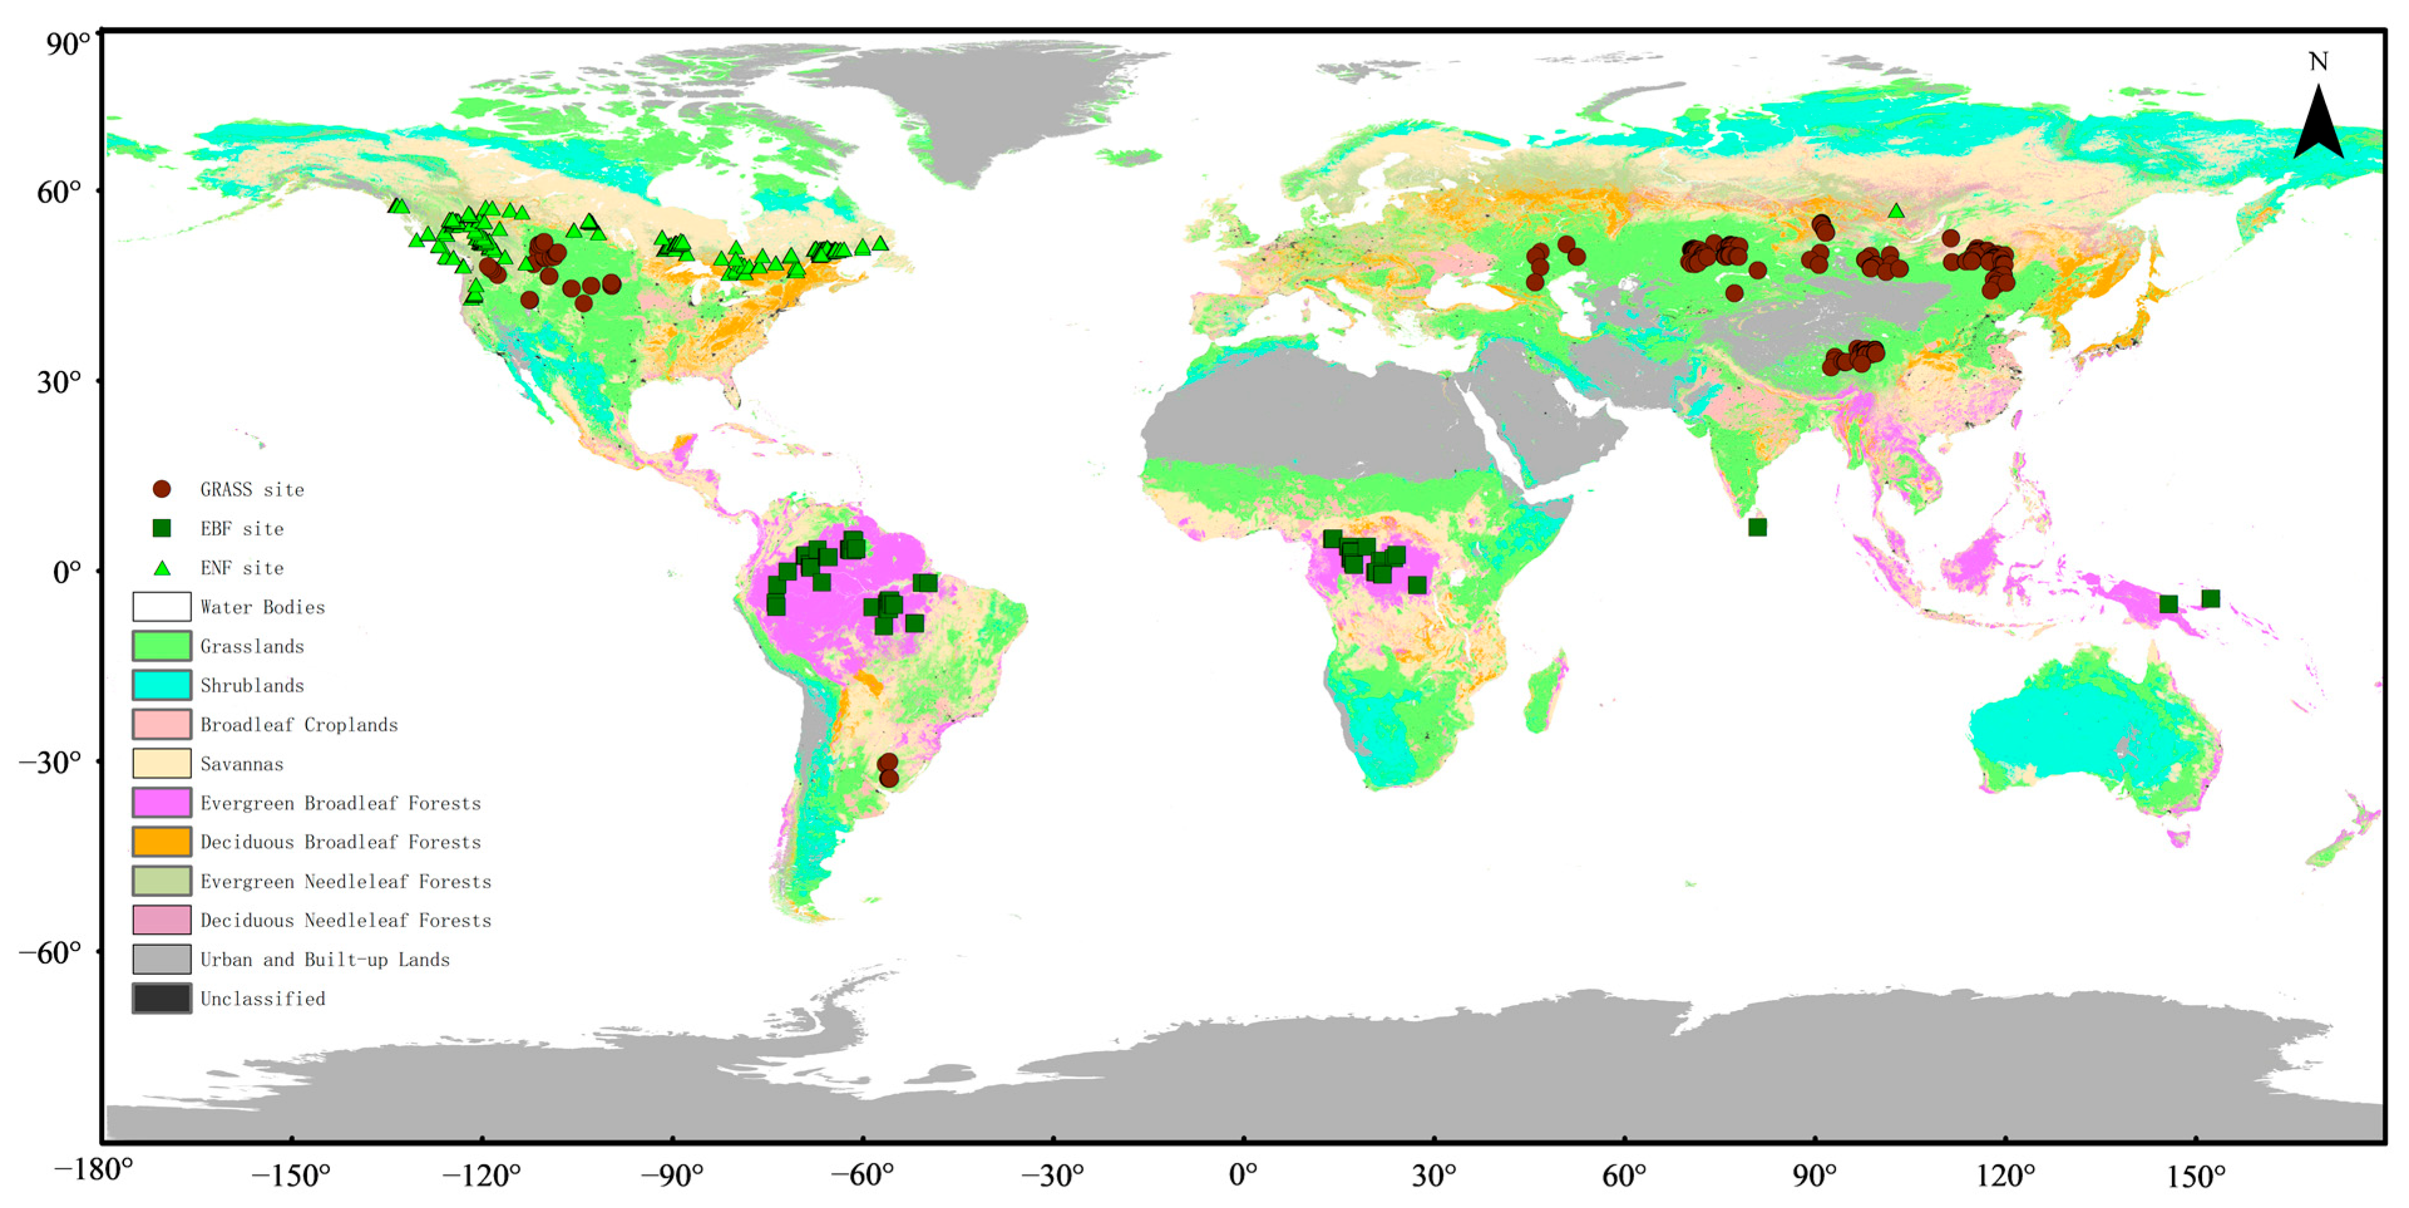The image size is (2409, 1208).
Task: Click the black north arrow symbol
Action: [2317, 123]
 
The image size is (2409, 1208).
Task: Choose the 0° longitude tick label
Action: [1243, 1174]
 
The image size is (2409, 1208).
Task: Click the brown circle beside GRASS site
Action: [162, 489]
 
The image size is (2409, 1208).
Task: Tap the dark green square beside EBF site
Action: [162, 528]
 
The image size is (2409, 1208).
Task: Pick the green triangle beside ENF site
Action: [162, 567]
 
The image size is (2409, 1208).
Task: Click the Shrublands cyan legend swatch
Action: [162, 685]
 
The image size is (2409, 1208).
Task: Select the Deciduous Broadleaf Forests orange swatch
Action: [162, 841]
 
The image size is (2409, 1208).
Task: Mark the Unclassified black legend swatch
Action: [162, 999]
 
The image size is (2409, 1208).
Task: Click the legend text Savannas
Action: [241, 764]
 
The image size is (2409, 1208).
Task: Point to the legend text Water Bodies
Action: [263, 607]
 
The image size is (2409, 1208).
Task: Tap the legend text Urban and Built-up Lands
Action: [325, 959]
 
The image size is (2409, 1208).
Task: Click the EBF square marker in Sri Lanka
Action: [1757, 527]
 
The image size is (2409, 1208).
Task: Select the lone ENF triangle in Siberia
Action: [1896, 211]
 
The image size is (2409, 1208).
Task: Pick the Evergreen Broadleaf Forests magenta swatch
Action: [162, 803]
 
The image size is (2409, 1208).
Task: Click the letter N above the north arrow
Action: [2317, 61]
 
